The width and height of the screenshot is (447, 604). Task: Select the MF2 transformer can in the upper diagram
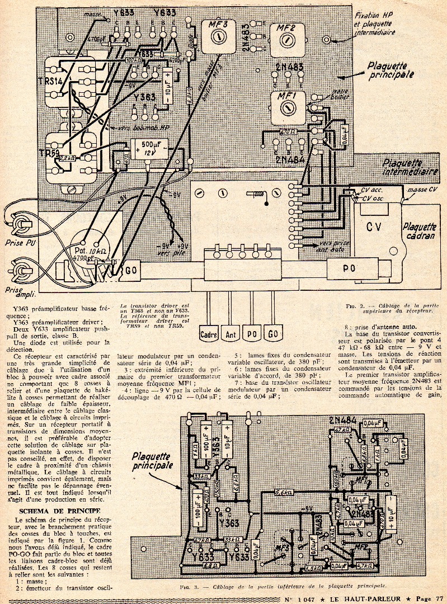pos(286,39)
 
